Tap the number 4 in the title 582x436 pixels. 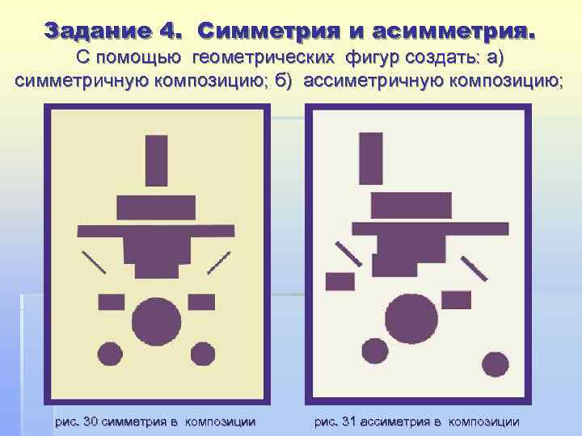click(x=171, y=32)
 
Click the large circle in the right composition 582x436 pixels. click(x=411, y=317)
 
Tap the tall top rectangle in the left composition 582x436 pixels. click(x=156, y=161)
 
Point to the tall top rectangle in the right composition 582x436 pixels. click(x=371, y=158)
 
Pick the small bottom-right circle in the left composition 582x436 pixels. click(x=202, y=354)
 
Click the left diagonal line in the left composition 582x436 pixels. click(x=94, y=261)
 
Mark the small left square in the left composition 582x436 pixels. click(x=112, y=302)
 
